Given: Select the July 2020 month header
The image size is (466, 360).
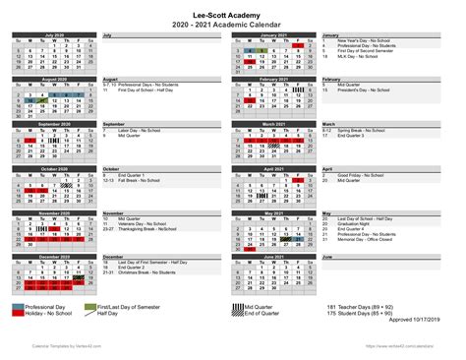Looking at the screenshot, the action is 55,33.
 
